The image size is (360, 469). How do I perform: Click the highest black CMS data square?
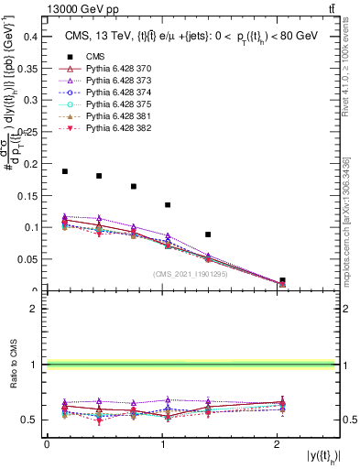click(65, 171)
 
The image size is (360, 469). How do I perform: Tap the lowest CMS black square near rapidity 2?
click(282, 280)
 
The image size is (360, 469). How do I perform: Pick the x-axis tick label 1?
click(161, 444)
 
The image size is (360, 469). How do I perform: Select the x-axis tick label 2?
click(277, 444)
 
